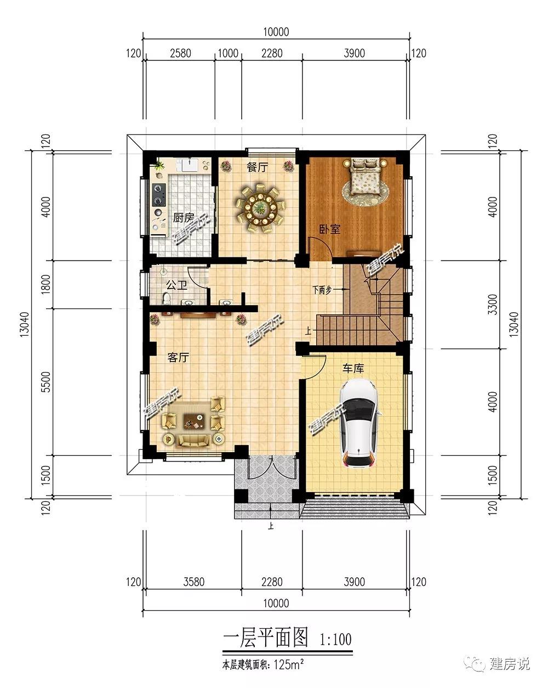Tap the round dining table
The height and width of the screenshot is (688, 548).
(260, 210)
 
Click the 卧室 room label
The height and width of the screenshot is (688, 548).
(330, 229)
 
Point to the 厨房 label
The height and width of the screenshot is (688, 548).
(184, 218)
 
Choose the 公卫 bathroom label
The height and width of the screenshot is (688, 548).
(176, 285)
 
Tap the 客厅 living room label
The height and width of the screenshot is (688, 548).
(178, 357)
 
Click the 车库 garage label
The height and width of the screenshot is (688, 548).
(353, 368)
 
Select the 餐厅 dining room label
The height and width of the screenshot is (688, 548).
(258, 167)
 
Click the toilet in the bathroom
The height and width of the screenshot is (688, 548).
(167, 298)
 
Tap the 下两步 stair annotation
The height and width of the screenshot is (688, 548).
(322, 290)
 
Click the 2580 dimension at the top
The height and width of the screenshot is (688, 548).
(180, 53)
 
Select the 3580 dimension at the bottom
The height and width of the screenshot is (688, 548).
(194, 582)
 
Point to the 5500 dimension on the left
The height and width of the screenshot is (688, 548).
(46, 382)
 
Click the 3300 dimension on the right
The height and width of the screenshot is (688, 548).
(493, 304)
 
